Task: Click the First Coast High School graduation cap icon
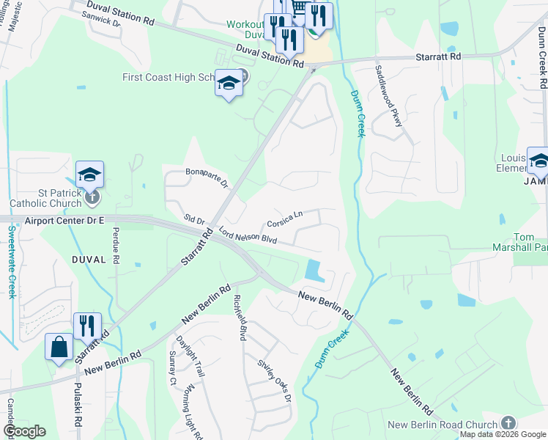[229, 85]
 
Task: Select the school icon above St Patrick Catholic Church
[89, 175]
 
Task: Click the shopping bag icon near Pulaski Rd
[59, 347]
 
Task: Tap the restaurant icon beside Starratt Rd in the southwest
[87, 326]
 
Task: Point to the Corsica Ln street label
[285, 219]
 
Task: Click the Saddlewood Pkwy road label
[388, 95]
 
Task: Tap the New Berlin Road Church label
[443, 425]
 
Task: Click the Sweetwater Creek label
[12, 261]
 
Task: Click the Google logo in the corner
[26, 431]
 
